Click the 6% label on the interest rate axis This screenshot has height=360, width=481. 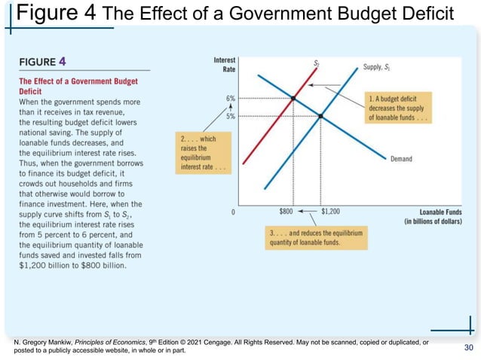pos(230,99)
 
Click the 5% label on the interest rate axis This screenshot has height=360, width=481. pos(230,116)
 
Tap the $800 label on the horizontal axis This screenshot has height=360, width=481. pos(286,212)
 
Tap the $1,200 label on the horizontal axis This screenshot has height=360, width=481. pos(330,212)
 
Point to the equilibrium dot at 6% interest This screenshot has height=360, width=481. pos(293,99)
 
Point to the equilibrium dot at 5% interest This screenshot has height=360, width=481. pos(320,116)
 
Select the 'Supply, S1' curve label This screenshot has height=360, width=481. pos(379,67)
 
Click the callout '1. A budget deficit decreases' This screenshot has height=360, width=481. pos(397,108)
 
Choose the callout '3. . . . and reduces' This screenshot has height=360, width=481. pos(316,238)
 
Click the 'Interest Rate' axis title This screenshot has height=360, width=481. pos(224,64)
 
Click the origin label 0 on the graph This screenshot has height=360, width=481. pos(234,212)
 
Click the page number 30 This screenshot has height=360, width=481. pos(469,346)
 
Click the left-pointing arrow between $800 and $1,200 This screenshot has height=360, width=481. pos(308,212)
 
